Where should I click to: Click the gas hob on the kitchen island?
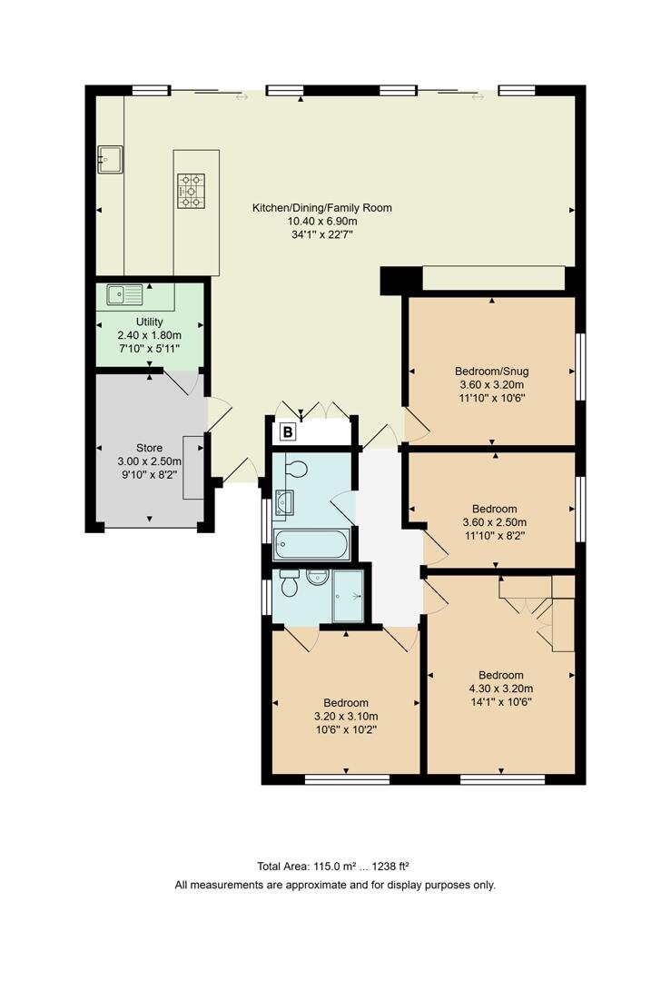click(191, 191)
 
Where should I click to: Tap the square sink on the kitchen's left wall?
click(110, 160)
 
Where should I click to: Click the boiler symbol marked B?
click(287, 432)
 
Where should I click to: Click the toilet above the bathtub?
click(296, 468)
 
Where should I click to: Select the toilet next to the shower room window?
click(290, 585)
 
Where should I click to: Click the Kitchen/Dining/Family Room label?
click(321, 208)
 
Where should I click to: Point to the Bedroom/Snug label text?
click(491, 371)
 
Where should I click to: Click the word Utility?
click(149, 322)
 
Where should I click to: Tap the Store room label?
click(149, 448)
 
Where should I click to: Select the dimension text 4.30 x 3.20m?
click(501, 689)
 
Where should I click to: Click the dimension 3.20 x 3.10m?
click(346, 716)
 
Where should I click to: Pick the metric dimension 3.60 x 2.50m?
click(494, 522)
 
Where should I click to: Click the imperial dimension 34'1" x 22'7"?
click(321, 234)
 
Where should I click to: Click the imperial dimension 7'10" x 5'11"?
click(149, 349)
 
